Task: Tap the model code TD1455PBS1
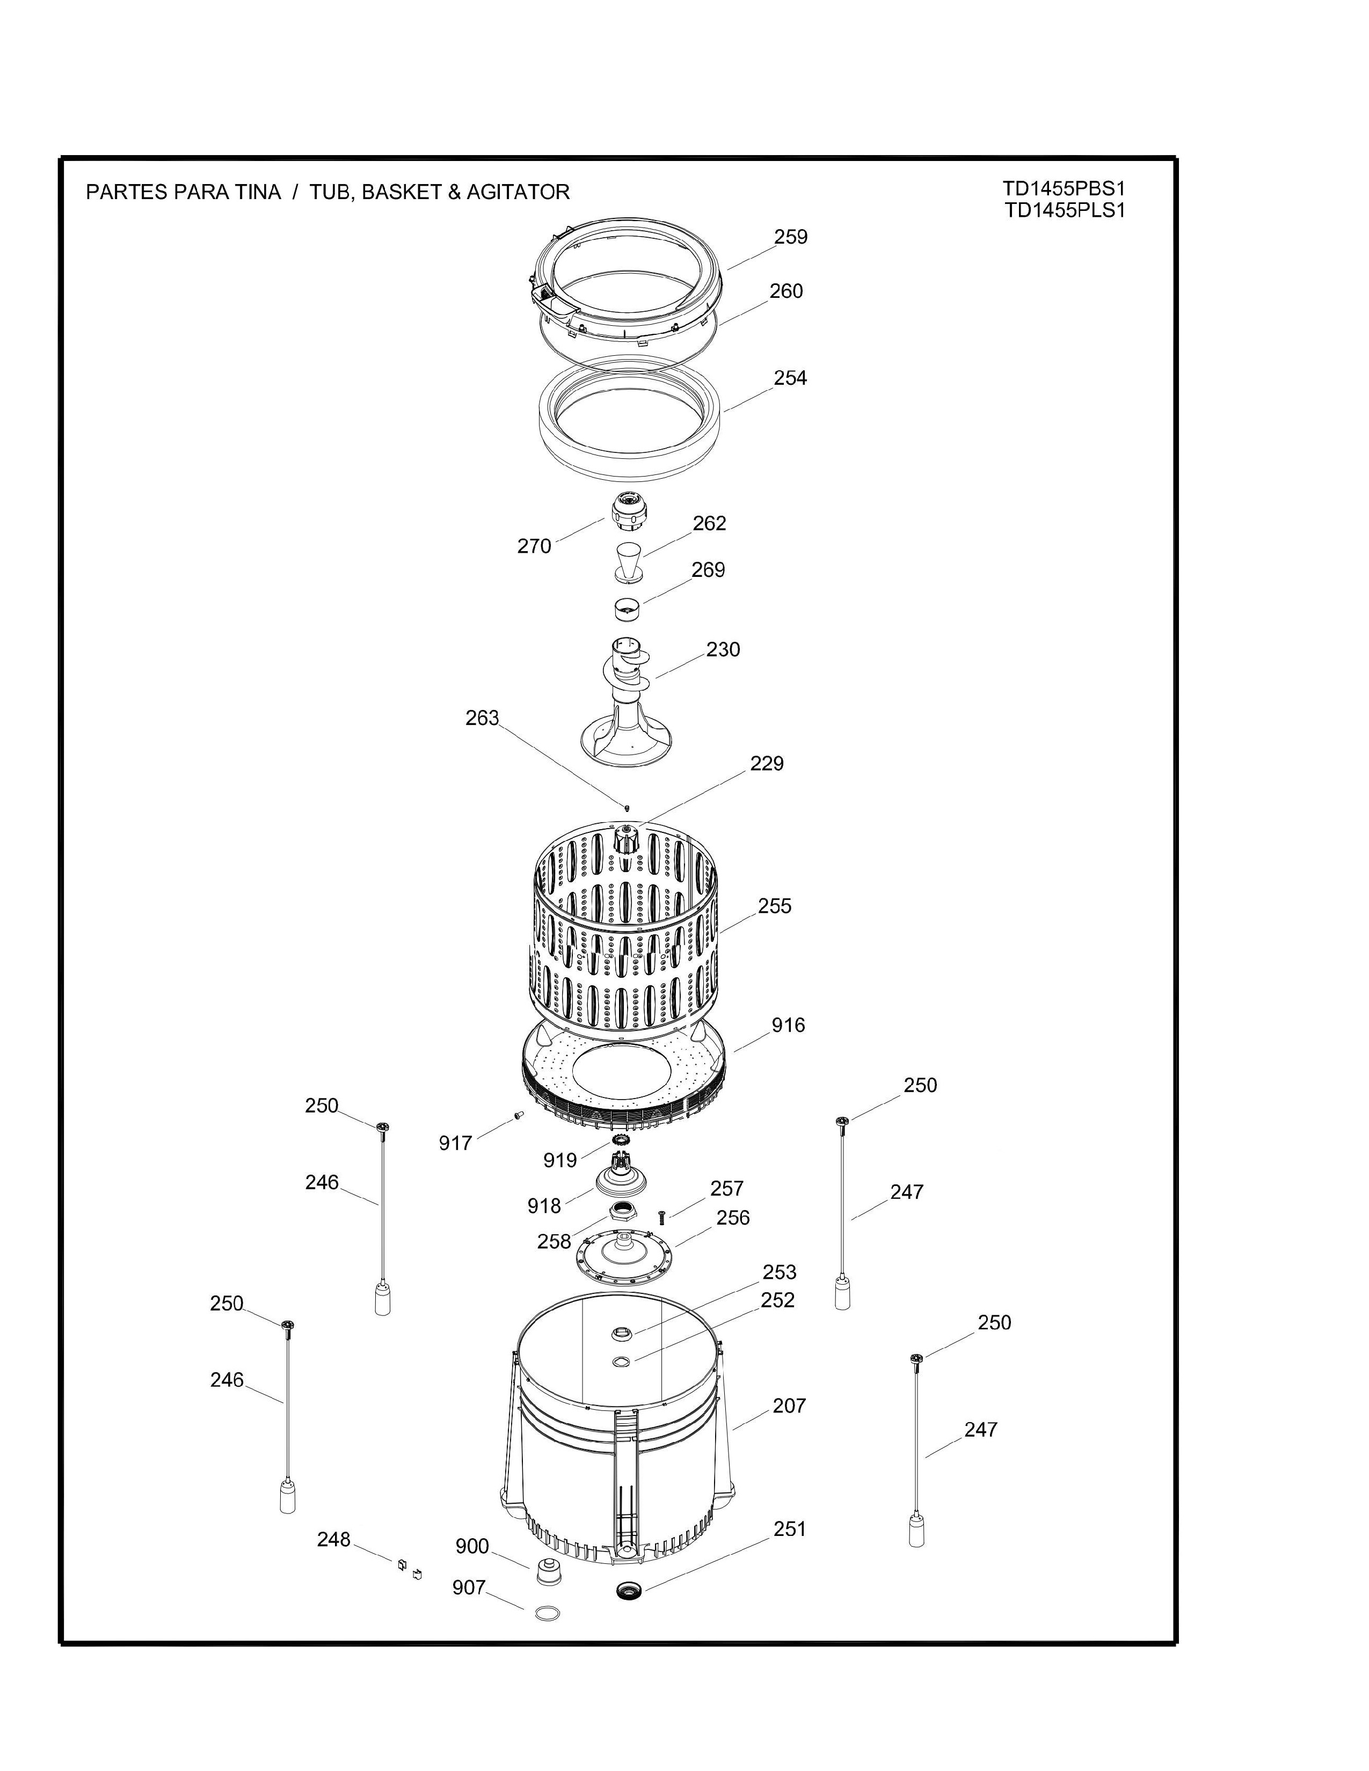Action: coord(1064,189)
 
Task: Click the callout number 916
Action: coord(788,1025)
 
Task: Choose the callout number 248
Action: coord(333,1539)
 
